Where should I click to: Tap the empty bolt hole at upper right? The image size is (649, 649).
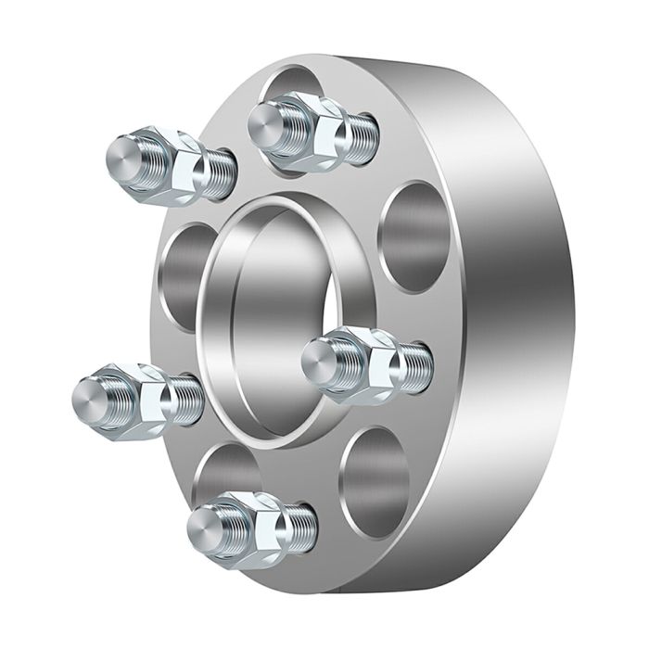[x=414, y=237]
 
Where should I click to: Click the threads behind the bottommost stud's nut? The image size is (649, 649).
[x=301, y=524]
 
